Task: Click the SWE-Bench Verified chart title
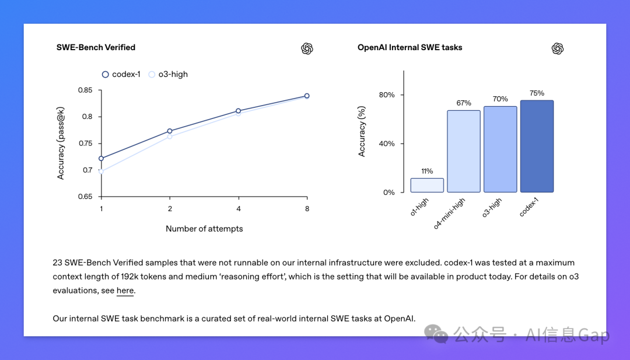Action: [x=96, y=47]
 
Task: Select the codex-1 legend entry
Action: [x=121, y=74]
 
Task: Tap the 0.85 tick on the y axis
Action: [x=85, y=90]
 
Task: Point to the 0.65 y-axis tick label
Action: [x=85, y=197]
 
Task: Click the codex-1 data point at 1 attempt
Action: [x=101, y=158]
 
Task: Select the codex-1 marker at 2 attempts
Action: [x=170, y=131]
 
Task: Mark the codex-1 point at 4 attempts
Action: [x=239, y=111]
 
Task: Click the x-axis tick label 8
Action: [x=307, y=208]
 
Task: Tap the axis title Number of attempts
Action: [x=204, y=229]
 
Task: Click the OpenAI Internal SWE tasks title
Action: [x=409, y=47]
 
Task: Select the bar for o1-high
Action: [x=427, y=185]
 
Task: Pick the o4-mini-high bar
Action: [x=464, y=151]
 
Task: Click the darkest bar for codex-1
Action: [x=537, y=146]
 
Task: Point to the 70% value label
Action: [x=500, y=99]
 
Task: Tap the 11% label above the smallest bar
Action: [x=427, y=171]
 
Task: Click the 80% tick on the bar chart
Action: [x=387, y=95]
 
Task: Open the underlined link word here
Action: [x=125, y=291]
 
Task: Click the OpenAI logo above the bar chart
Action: [x=558, y=48]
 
